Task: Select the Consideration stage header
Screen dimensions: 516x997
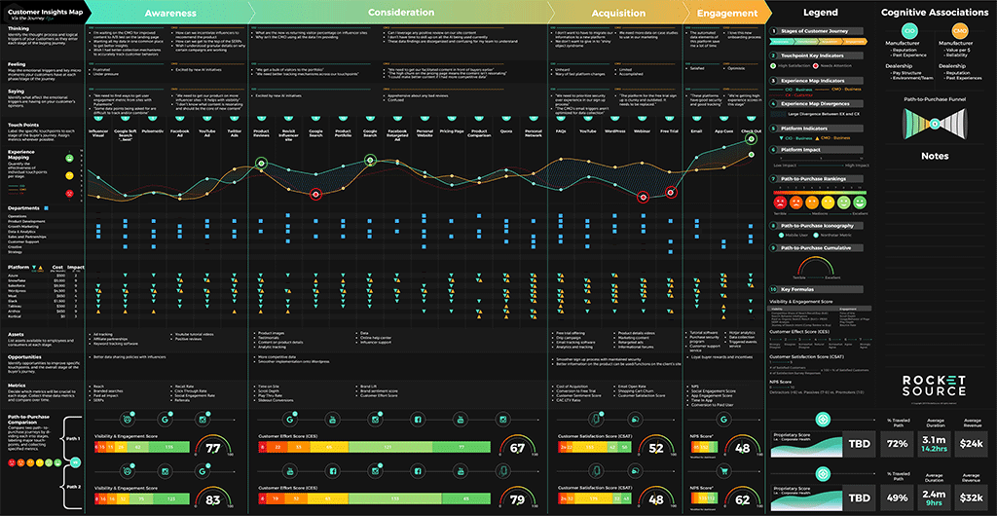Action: (401, 14)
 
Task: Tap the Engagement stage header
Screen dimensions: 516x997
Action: (727, 14)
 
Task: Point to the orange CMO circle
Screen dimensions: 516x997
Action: (958, 33)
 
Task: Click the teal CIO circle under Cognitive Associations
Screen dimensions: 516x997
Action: (906, 33)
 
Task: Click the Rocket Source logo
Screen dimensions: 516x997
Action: (933, 387)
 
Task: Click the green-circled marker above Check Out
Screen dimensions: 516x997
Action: (752, 139)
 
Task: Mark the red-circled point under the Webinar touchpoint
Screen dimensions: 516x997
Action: (643, 197)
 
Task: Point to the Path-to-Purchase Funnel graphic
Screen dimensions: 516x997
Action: (934, 125)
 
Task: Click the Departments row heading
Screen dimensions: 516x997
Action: (23, 208)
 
